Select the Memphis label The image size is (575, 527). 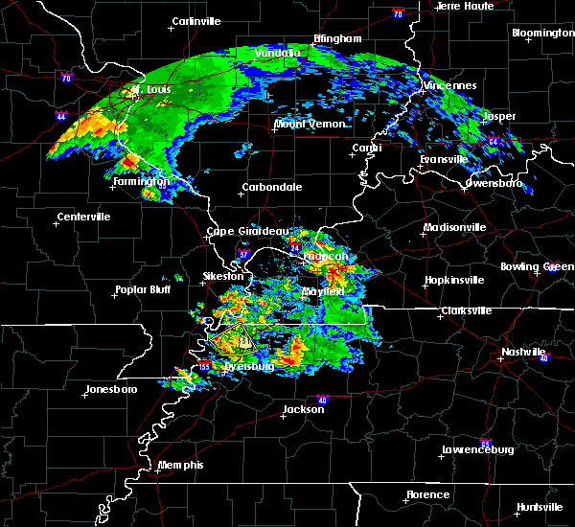pyautogui.click(x=181, y=465)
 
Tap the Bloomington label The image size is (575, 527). pyautogui.click(x=542, y=33)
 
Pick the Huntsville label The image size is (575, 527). pyautogui.click(x=539, y=506)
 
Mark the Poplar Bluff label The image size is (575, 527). pyautogui.click(x=143, y=289)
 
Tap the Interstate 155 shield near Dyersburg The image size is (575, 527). pyautogui.click(x=205, y=367)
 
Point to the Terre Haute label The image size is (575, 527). pyautogui.click(x=466, y=6)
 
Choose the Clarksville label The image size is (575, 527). pyautogui.click(x=466, y=310)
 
